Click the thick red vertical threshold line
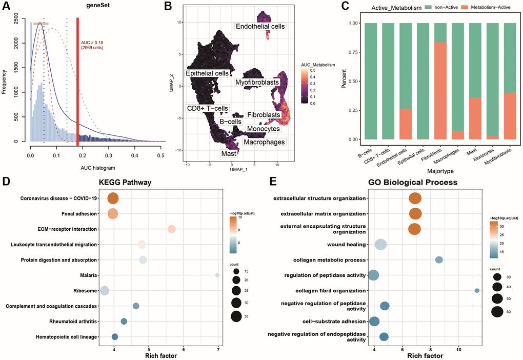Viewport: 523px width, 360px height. point(77,79)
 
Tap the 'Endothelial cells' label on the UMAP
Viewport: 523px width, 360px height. point(260,26)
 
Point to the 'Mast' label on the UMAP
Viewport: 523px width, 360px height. point(229,153)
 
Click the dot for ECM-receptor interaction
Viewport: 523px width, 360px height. point(172,229)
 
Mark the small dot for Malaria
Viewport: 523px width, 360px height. point(217,275)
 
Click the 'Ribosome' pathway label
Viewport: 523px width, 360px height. point(83,291)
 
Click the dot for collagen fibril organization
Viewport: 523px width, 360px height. point(477,290)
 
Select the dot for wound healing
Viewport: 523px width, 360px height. point(380,245)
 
